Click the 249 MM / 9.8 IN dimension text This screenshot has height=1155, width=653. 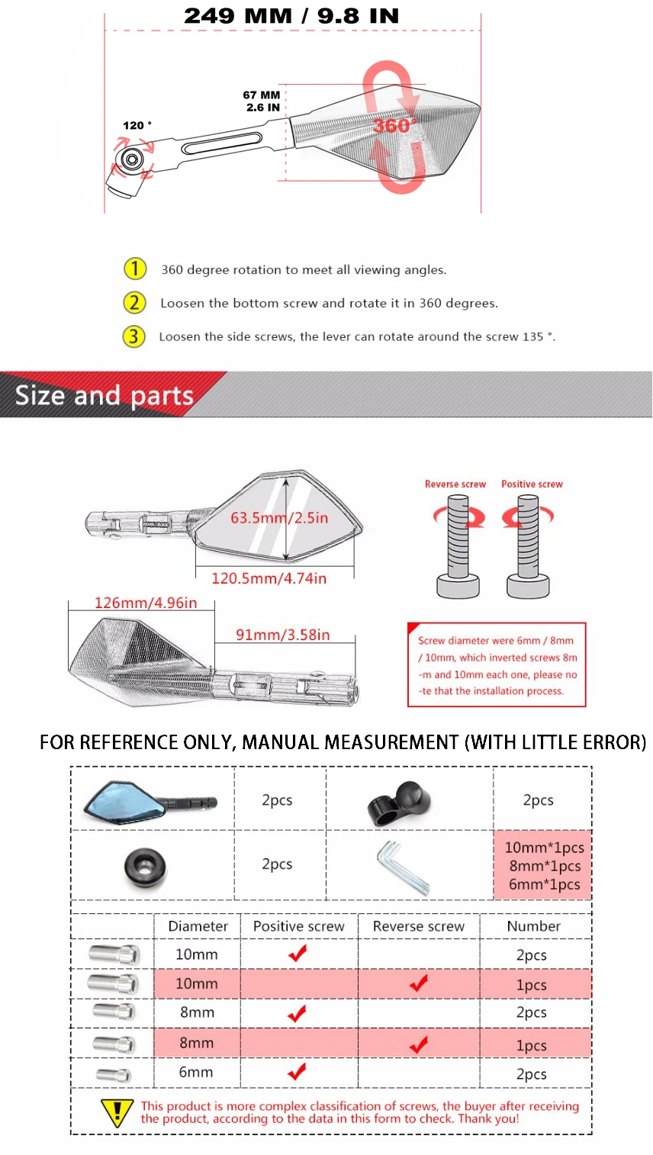291,16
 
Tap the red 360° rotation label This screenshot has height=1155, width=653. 394,125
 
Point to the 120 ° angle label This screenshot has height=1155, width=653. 137,125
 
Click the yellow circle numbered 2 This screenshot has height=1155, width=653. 134,303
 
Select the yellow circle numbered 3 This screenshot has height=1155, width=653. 134,336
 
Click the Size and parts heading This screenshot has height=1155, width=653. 105,395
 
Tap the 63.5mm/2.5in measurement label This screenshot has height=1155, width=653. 279,518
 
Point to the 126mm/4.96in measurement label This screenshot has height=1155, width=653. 146,603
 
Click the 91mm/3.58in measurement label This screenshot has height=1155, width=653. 283,635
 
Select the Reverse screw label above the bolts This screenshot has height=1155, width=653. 455,484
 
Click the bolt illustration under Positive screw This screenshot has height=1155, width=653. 528,546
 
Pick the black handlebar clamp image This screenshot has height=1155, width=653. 399,803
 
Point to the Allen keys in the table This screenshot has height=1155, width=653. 403,867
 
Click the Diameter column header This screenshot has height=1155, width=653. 198,926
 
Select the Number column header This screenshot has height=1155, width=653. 534,926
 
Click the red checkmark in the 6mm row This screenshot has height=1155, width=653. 298,1072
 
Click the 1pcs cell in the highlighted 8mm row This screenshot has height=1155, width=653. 531,1045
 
